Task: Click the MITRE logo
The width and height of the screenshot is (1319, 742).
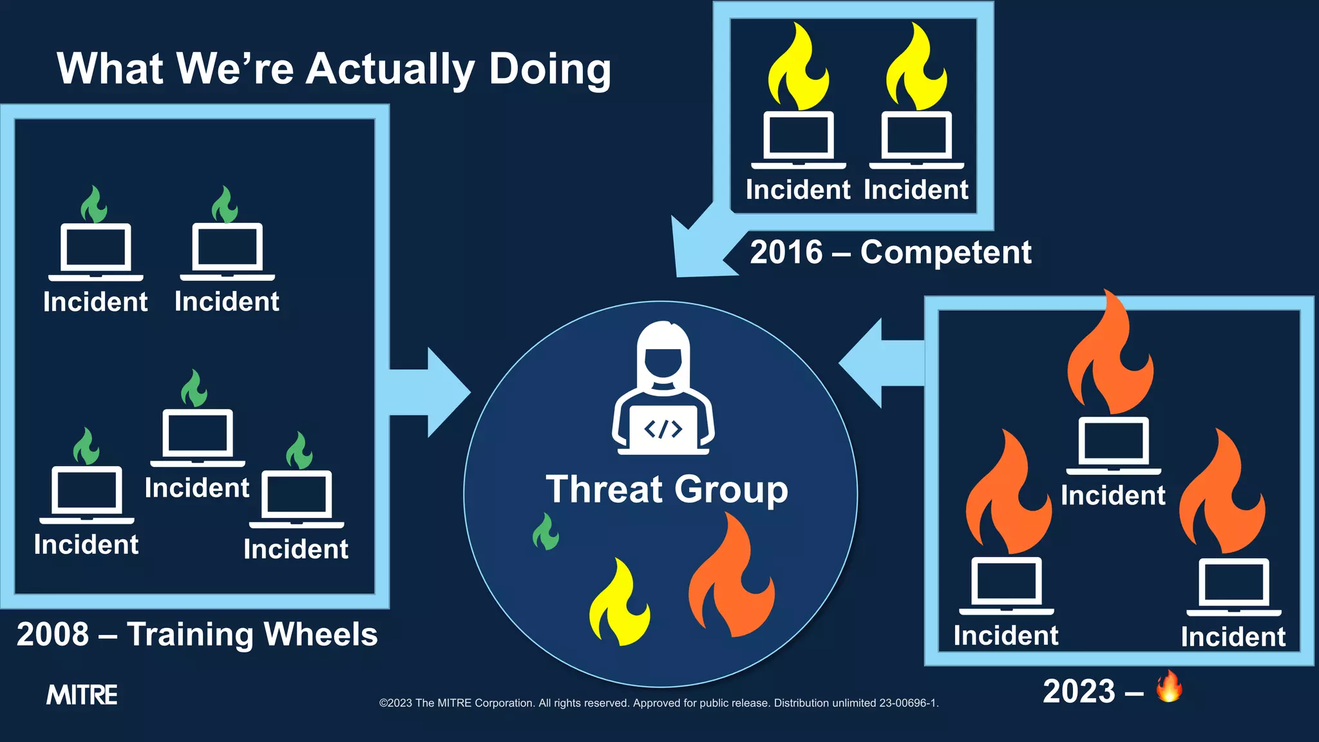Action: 82,695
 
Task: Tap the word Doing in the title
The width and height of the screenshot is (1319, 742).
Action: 549,70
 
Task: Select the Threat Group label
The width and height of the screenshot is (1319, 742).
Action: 667,490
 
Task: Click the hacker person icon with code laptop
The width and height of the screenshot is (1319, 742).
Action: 663,390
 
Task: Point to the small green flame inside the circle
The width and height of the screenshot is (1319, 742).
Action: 546,533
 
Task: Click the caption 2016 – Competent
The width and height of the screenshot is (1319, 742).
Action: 890,252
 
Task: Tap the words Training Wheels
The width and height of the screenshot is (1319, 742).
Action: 252,634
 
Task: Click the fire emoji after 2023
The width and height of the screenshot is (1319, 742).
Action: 1169,687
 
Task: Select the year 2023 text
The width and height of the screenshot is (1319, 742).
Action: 1079,692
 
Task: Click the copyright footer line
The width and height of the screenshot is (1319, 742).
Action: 659,703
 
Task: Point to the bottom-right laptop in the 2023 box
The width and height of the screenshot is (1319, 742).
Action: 1233,586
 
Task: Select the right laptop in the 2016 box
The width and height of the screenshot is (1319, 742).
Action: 916,139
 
